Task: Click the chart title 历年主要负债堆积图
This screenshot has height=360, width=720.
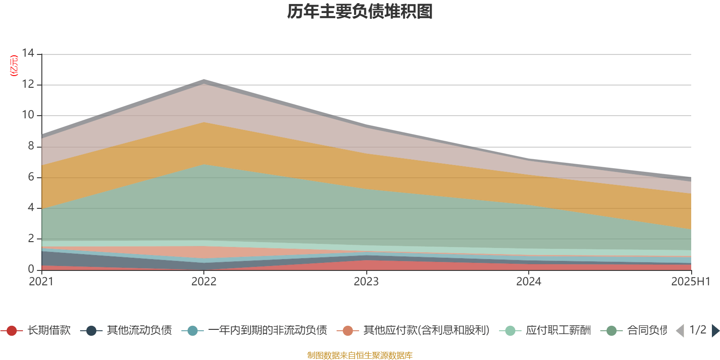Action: (x=360, y=12)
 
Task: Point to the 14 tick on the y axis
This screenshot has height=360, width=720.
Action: (x=28, y=54)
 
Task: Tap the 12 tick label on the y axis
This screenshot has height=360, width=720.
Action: (x=28, y=85)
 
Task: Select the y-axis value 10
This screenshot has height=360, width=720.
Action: (x=28, y=115)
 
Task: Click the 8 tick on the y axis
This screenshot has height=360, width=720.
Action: (x=31, y=146)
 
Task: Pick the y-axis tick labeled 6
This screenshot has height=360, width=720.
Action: (x=31, y=177)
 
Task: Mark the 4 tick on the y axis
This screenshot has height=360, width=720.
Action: (x=31, y=207)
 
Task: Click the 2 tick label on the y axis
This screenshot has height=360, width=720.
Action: (x=31, y=238)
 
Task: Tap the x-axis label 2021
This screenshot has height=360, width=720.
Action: (x=41, y=282)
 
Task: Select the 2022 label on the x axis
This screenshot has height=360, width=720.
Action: (x=204, y=282)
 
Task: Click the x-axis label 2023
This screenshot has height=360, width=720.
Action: (x=366, y=282)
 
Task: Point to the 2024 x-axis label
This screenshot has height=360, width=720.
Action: (x=529, y=282)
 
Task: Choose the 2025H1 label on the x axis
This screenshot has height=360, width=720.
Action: (x=690, y=282)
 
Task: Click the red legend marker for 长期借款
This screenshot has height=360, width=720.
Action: (x=12, y=331)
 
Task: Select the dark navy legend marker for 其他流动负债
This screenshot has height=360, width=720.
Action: (x=91, y=331)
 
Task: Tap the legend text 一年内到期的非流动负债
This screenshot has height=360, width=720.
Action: (x=267, y=331)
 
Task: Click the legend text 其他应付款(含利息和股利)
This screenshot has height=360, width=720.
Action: (x=426, y=331)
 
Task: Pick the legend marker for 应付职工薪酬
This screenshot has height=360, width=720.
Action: (x=510, y=331)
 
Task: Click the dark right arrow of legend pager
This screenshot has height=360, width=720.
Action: (x=715, y=331)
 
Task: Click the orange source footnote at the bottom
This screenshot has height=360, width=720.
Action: (x=360, y=355)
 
